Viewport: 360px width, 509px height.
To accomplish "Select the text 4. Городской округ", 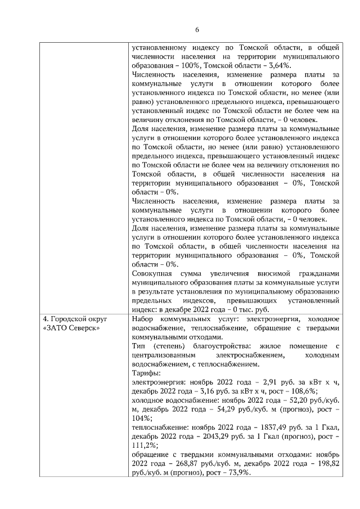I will [x=74, y=319].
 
